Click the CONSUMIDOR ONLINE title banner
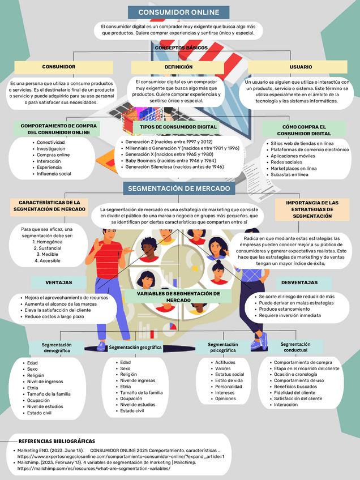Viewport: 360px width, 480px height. coord(178,12)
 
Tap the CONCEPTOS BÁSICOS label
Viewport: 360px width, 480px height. coord(181,48)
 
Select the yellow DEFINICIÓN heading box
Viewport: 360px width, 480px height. coord(178,67)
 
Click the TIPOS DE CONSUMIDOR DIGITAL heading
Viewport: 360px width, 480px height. coord(178,127)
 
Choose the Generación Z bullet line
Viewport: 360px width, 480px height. coord(169,142)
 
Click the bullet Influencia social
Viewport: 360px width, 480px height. coord(54,174)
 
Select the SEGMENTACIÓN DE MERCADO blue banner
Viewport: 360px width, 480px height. coord(179,188)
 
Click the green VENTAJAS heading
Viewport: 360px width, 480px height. coord(59,282)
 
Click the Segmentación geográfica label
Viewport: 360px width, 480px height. coord(135,346)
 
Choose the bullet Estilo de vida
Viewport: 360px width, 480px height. coord(229,380)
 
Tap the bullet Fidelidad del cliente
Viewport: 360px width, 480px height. coord(295,392)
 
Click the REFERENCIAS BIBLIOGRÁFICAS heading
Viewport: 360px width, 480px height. coord(57,441)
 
